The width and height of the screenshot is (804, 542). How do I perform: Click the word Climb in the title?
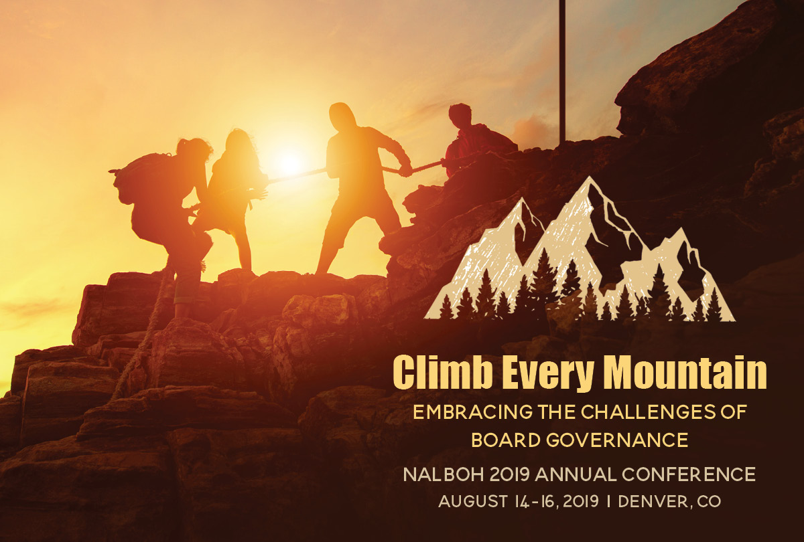(443, 372)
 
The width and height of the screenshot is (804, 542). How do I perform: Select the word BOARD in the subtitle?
(506, 440)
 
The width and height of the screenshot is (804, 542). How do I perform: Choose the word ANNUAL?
(576, 474)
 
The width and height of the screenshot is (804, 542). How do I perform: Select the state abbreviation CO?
(709, 501)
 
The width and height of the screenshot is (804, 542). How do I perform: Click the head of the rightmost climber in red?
(460, 114)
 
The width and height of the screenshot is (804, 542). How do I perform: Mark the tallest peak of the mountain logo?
(588, 178)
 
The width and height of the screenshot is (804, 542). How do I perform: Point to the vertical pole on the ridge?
(562, 72)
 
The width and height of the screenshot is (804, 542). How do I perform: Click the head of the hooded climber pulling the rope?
(342, 115)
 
